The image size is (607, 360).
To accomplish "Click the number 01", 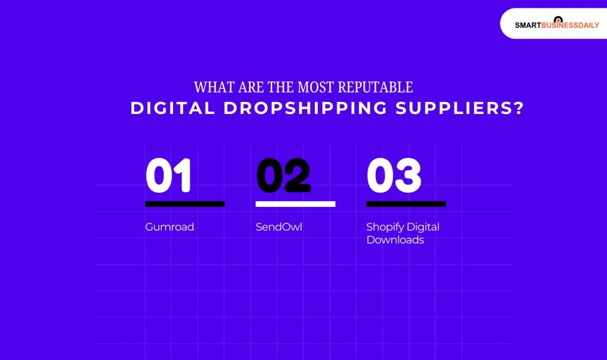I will pos(169,176).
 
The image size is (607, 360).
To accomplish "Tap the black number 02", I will pos(283,176).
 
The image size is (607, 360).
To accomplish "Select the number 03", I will pos(394,176).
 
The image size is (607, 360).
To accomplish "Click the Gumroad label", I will pos(170,227).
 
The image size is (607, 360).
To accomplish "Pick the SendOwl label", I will pos(279,227).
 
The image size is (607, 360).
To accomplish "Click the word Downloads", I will pos(395,240).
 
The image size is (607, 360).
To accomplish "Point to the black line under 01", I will pos(185,204).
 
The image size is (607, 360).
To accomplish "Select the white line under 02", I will pos(295,204).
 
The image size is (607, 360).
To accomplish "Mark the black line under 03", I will pos(406,204).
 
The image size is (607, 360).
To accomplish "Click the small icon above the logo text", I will pos(557,19).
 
